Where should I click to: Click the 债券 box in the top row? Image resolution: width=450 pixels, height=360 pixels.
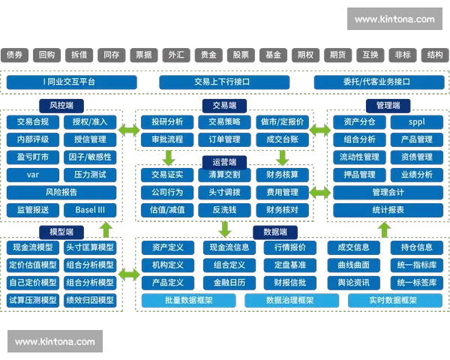click(15, 55)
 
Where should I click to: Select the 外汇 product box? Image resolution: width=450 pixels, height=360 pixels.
click(176, 55)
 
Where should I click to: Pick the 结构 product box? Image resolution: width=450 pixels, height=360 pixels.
click(434, 55)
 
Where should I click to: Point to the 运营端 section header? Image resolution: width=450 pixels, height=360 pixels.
click(223, 162)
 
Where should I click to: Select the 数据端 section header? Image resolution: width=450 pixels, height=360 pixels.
click(274, 232)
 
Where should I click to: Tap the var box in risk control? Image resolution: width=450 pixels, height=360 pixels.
click(32, 175)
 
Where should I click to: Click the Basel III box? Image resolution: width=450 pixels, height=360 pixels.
click(90, 210)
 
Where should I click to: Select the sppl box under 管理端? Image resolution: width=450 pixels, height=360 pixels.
click(416, 121)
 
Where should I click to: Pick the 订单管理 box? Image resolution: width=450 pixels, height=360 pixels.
click(224, 139)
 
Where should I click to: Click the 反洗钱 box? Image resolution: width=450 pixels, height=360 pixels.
click(224, 210)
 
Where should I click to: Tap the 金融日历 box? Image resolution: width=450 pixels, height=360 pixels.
click(229, 283)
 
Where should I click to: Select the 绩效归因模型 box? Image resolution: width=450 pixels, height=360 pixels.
click(90, 300)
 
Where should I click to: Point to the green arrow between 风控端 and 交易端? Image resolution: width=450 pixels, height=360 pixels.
click(128, 130)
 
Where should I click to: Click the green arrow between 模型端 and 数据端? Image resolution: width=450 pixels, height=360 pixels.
click(128, 274)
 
